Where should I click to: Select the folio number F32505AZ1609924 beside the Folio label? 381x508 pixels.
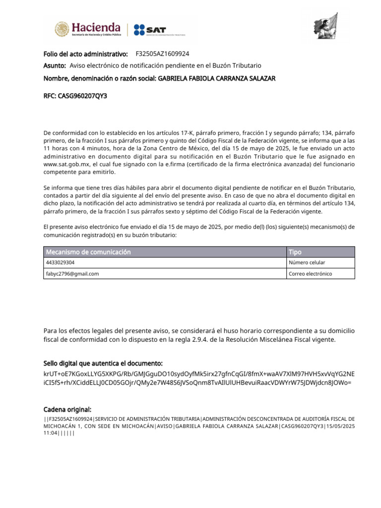(x=162, y=54)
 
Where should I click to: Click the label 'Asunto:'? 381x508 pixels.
(x=55, y=65)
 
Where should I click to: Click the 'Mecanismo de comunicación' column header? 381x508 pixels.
(x=88, y=252)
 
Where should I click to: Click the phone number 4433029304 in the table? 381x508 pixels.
(x=61, y=263)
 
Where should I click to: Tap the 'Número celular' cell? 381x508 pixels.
(x=307, y=263)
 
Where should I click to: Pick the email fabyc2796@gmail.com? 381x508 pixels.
(x=72, y=274)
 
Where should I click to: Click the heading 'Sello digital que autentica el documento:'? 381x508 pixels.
(x=103, y=364)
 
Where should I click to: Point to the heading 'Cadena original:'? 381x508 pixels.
(x=67, y=409)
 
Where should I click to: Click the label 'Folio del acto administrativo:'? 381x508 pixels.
(x=86, y=54)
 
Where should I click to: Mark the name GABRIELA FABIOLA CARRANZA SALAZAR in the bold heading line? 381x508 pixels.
(x=216, y=78)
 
